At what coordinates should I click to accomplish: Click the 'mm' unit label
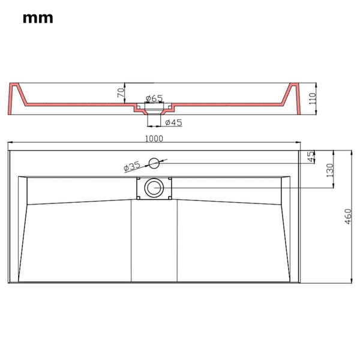(x=38, y=18)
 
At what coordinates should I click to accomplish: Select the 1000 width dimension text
(x=154, y=139)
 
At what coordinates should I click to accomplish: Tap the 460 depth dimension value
(x=348, y=216)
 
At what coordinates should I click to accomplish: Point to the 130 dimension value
(x=330, y=170)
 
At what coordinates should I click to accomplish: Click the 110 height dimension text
(x=312, y=99)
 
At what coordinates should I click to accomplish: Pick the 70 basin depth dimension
(x=121, y=92)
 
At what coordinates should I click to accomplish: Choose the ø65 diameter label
(x=154, y=98)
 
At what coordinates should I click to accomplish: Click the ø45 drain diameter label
(x=173, y=122)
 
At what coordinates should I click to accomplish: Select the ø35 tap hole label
(x=132, y=166)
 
